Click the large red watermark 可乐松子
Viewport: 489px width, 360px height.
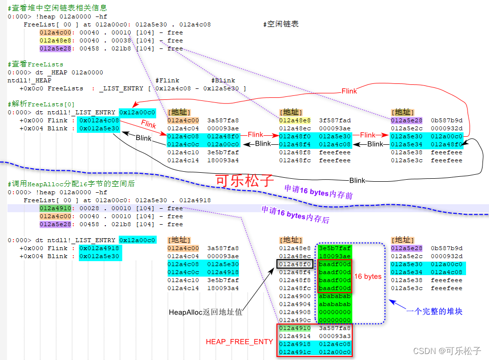[244, 180]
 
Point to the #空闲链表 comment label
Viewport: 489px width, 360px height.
[281, 24]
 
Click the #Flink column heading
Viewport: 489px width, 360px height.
[167, 80]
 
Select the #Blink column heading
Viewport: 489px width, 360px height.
[223, 80]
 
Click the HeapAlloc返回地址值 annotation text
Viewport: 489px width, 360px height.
[206, 312]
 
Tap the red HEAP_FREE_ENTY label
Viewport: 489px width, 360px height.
[240, 342]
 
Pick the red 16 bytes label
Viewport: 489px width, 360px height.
[368, 276]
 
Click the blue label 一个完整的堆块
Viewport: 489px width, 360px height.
[434, 311]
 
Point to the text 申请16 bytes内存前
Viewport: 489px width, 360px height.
[318, 192]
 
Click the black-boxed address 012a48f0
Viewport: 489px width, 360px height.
[295, 264]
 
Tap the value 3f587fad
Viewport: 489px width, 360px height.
[335, 120]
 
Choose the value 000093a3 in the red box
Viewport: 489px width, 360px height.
[335, 336]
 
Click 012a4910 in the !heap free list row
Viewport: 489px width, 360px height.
[56, 208]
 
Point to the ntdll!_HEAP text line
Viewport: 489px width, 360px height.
[29, 80]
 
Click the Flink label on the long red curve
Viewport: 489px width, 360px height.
[349, 91]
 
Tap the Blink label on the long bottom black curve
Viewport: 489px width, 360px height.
[357, 180]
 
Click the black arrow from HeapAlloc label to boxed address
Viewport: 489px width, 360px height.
[249, 287]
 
